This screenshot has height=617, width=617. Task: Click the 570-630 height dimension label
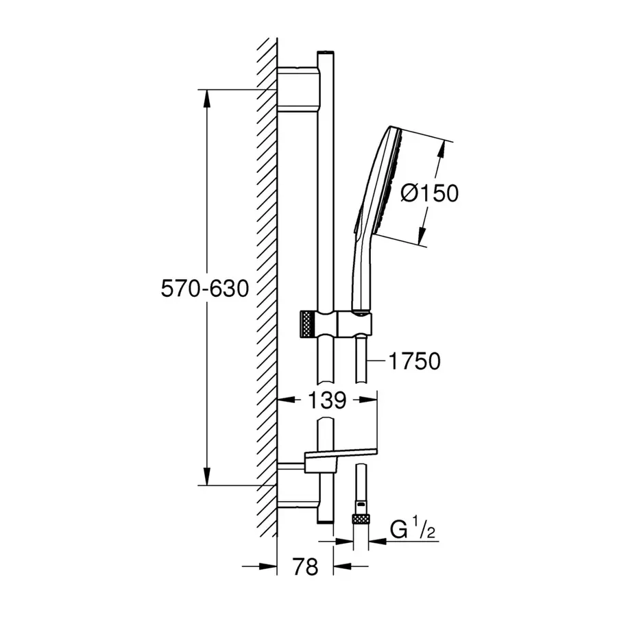coord(205,289)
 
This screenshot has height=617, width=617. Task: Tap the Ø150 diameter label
coord(430,193)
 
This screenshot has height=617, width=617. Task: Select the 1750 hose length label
coord(415,361)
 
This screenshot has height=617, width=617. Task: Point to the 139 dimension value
coord(327,400)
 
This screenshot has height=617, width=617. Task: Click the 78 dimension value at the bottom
coord(305,567)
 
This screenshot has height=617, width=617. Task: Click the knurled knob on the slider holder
coord(308,324)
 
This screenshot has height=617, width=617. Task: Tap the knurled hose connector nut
coord(361,518)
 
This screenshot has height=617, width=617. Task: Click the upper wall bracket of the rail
coord(298,90)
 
